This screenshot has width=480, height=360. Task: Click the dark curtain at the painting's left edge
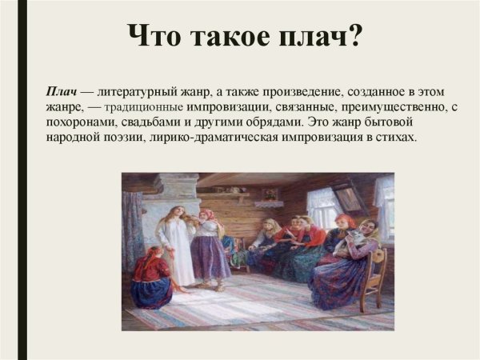131,228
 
